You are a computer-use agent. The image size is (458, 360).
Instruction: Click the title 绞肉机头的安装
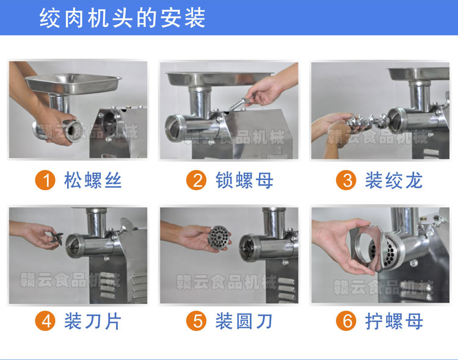122,18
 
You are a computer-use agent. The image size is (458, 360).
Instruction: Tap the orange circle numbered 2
197,181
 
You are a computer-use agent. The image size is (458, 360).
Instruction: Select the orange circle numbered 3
347,181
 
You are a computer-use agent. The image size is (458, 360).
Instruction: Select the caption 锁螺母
244,181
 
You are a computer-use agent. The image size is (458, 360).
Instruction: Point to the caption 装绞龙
394,181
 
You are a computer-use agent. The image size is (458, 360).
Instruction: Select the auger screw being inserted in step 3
360,123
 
